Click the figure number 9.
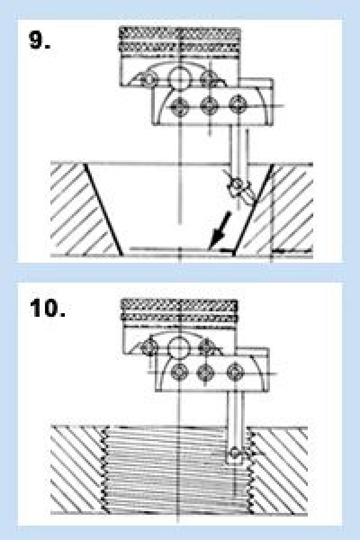[39, 40]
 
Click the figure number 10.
[47, 308]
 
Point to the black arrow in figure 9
[220, 230]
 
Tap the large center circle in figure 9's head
[179, 77]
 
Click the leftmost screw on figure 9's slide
[179, 106]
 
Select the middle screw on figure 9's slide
[209, 105]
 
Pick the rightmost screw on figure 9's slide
[238, 104]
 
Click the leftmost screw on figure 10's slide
[179, 372]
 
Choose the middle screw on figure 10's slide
[206, 372]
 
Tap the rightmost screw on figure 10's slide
[235, 372]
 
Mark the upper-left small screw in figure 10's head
[149, 346]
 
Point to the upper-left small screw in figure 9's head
[149, 79]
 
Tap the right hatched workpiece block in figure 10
[279, 470]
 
